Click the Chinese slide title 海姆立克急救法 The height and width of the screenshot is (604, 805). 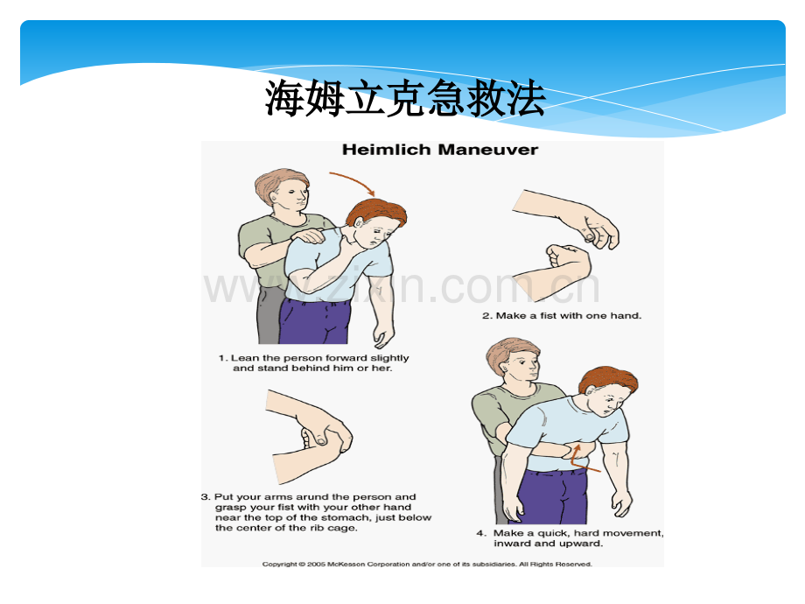pos(404,99)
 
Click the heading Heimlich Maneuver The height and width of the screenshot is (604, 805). pos(439,150)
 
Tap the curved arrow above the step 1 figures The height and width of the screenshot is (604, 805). pos(353,182)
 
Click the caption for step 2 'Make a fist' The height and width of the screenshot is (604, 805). pos(561,315)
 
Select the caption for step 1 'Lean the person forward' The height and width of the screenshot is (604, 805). pos(313,363)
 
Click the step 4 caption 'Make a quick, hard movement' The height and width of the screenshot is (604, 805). pos(570,537)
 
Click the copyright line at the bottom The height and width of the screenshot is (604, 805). pos(427,564)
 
